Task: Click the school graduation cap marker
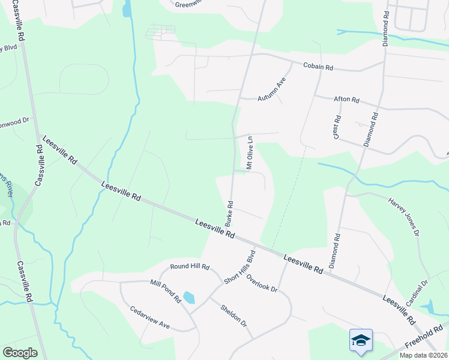(x=361, y=340)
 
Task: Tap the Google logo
(x=20, y=353)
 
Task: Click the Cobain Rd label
(x=318, y=67)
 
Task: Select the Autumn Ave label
(x=274, y=89)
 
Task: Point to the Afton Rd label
(x=346, y=100)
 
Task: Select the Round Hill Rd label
(x=189, y=266)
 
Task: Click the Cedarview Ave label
(x=150, y=318)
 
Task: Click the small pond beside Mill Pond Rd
(x=189, y=298)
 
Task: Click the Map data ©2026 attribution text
(x=423, y=355)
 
